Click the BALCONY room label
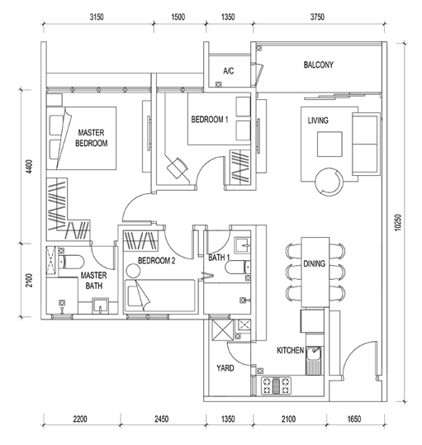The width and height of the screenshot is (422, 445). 319,64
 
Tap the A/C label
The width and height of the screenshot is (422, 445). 229,70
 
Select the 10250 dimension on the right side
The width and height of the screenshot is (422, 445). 398,222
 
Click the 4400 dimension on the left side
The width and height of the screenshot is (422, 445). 29,167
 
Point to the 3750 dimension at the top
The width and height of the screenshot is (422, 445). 317,17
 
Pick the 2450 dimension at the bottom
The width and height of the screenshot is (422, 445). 162,419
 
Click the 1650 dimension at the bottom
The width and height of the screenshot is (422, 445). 354,419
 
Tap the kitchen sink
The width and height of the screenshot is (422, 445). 314,361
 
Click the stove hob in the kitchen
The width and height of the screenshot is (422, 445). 276,386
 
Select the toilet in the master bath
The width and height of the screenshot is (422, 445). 71,262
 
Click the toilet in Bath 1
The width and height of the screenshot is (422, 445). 238,267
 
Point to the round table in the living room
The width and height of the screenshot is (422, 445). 330,182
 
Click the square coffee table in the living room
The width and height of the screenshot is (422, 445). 330,144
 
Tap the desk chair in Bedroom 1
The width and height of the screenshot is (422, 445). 178,168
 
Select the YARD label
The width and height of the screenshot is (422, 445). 225,368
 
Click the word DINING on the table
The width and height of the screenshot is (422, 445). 314,263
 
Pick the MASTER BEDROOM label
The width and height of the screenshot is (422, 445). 92,138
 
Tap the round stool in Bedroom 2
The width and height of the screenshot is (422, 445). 133,271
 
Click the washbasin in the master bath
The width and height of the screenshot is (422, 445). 100,305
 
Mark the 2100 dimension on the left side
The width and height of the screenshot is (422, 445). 29,280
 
